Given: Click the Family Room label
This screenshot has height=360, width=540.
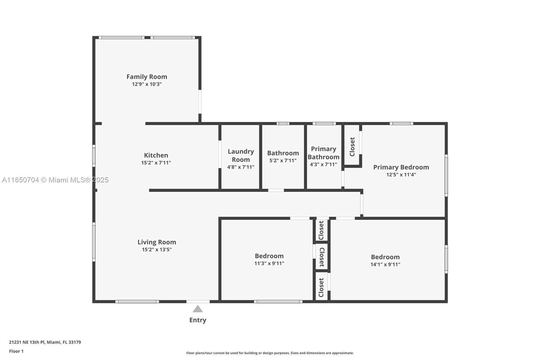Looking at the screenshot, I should click(x=146, y=77).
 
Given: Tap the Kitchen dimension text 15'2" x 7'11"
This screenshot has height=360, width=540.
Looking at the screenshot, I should click(x=156, y=163).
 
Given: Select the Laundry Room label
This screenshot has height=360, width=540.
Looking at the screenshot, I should click(x=241, y=155).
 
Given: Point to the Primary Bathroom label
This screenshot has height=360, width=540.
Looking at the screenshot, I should click(x=323, y=153).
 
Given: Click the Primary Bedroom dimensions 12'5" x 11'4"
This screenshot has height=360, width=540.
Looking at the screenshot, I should click(x=401, y=175).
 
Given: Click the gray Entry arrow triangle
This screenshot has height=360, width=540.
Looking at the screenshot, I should click(x=198, y=309).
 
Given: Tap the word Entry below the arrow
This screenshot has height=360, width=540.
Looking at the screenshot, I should click(x=198, y=320).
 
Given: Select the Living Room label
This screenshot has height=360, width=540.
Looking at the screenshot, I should click(x=157, y=242).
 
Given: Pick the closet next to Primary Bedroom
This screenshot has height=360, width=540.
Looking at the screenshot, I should click(x=352, y=147).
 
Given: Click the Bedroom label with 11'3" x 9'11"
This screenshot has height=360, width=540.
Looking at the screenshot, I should click(x=269, y=256).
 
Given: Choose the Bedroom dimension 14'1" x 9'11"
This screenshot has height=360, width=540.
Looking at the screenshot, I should click(x=385, y=264).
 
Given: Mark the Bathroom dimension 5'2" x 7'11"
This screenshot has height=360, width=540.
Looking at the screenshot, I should click(x=283, y=160).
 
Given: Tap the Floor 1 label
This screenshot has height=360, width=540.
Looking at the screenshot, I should click(x=16, y=351).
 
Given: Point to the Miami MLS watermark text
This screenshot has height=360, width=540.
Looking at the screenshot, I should click(x=55, y=180).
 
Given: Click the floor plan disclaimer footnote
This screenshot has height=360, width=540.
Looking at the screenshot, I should click(x=270, y=353).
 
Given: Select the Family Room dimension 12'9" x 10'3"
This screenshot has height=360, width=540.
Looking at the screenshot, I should click(x=146, y=84).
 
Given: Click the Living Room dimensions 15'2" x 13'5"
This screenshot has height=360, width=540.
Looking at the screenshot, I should click(x=157, y=250).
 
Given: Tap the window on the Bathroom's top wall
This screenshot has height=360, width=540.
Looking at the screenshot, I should click(x=283, y=124).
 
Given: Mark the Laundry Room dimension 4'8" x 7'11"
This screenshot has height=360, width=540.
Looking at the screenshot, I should click(x=241, y=167).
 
